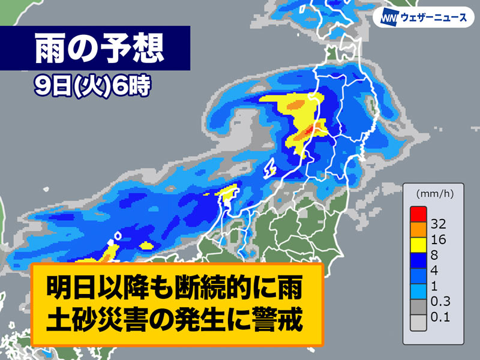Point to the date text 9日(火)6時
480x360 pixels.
coord(89,85)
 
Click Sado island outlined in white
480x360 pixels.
coord(270,169)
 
